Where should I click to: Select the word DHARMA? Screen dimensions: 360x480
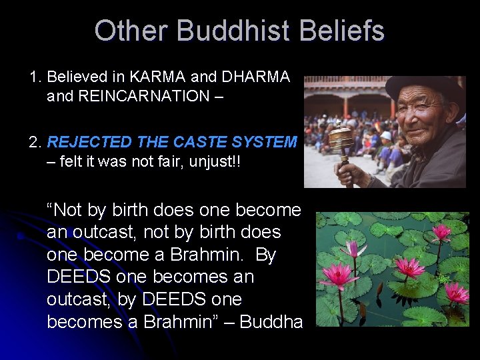(x=257, y=77)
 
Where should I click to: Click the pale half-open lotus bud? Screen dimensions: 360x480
(x=353, y=249)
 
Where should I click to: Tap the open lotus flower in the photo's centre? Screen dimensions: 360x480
(x=408, y=267)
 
